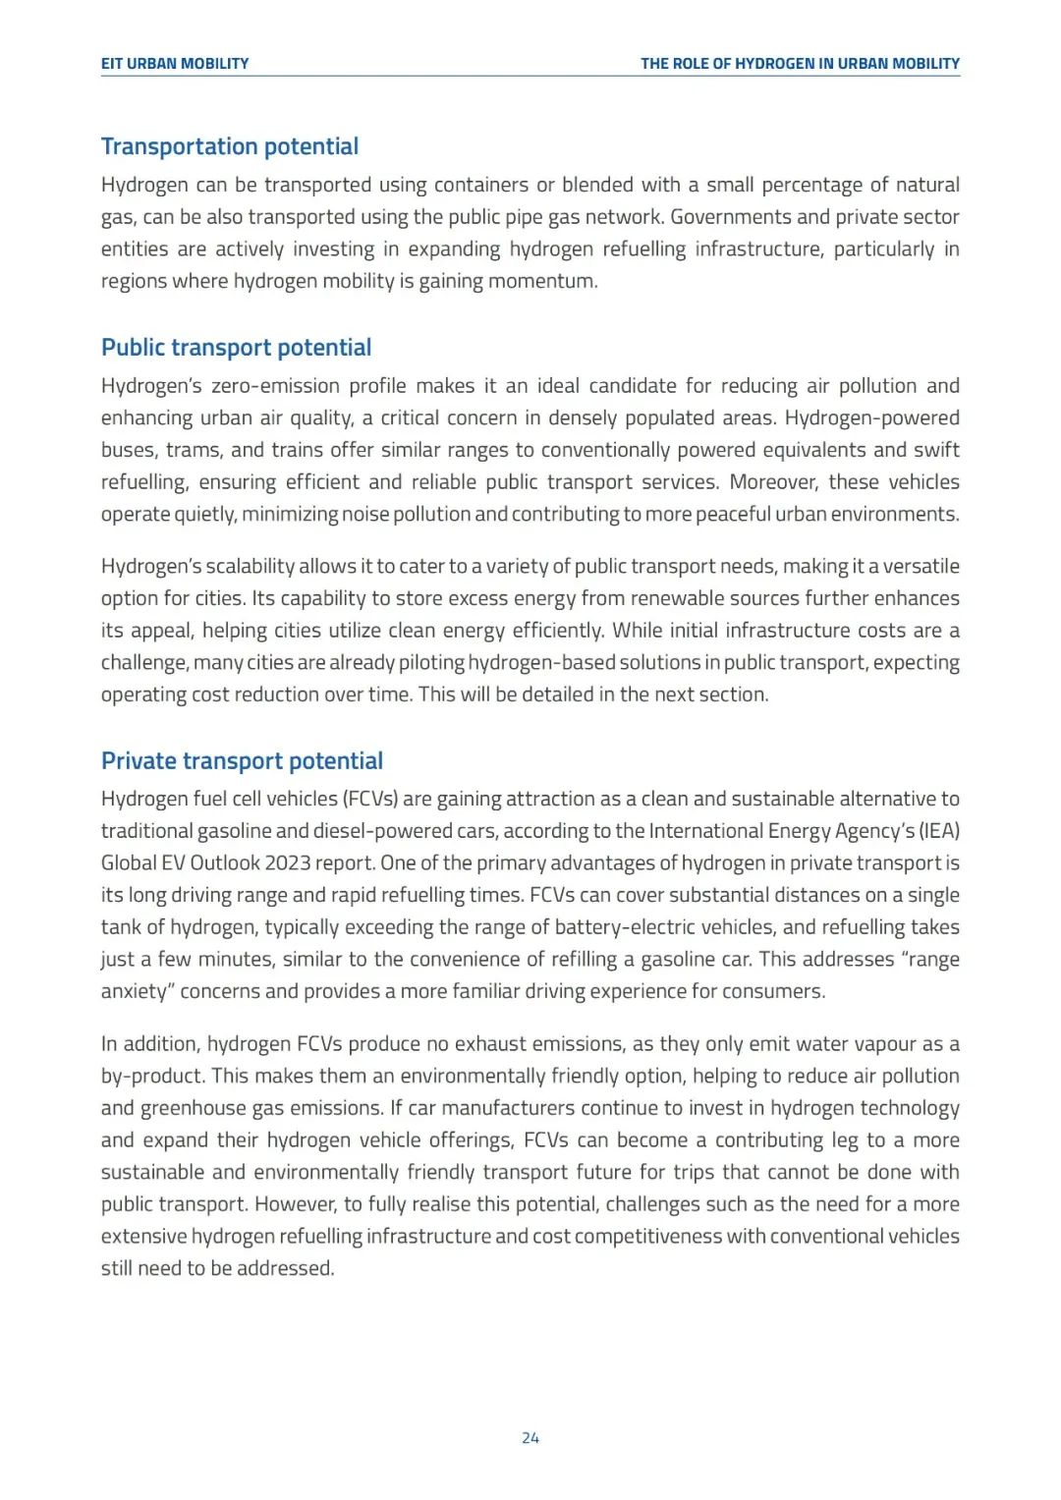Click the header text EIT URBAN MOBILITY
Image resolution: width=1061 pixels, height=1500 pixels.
175,64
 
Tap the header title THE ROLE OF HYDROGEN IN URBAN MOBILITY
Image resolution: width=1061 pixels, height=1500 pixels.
800,64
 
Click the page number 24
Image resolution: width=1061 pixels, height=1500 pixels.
530,1438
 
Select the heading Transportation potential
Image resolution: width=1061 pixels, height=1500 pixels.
230,146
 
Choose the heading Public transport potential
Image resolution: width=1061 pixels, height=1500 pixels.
236,348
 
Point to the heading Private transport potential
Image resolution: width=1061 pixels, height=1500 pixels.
242,761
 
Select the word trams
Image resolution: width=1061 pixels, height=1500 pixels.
194,450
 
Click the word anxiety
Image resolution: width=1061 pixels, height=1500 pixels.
135,991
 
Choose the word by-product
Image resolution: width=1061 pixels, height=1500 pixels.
151,1077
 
